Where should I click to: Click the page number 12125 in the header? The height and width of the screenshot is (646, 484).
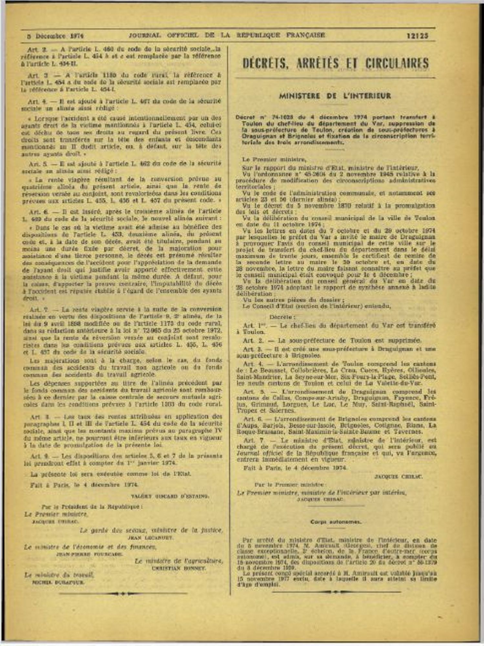[417, 36]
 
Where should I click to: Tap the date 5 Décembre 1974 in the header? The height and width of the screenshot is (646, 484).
[55, 36]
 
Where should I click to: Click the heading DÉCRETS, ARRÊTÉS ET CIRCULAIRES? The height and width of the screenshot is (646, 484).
[335, 63]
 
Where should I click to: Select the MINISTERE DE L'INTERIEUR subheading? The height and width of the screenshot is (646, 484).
[335, 96]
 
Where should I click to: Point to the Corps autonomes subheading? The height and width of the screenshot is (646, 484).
[336, 522]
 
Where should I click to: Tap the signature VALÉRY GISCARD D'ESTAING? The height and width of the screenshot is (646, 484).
[170, 496]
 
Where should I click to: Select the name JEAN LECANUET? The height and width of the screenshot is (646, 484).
[150, 538]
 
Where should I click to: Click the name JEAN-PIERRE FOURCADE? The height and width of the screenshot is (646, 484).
[89, 554]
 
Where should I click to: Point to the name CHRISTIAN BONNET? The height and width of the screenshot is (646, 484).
[179, 568]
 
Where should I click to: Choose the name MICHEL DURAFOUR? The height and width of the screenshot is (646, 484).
[58, 582]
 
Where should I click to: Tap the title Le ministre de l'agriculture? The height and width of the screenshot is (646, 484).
[179, 561]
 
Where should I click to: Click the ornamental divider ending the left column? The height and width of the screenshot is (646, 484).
[123, 593]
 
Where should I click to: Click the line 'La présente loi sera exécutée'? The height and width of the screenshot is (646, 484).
[110, 474]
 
